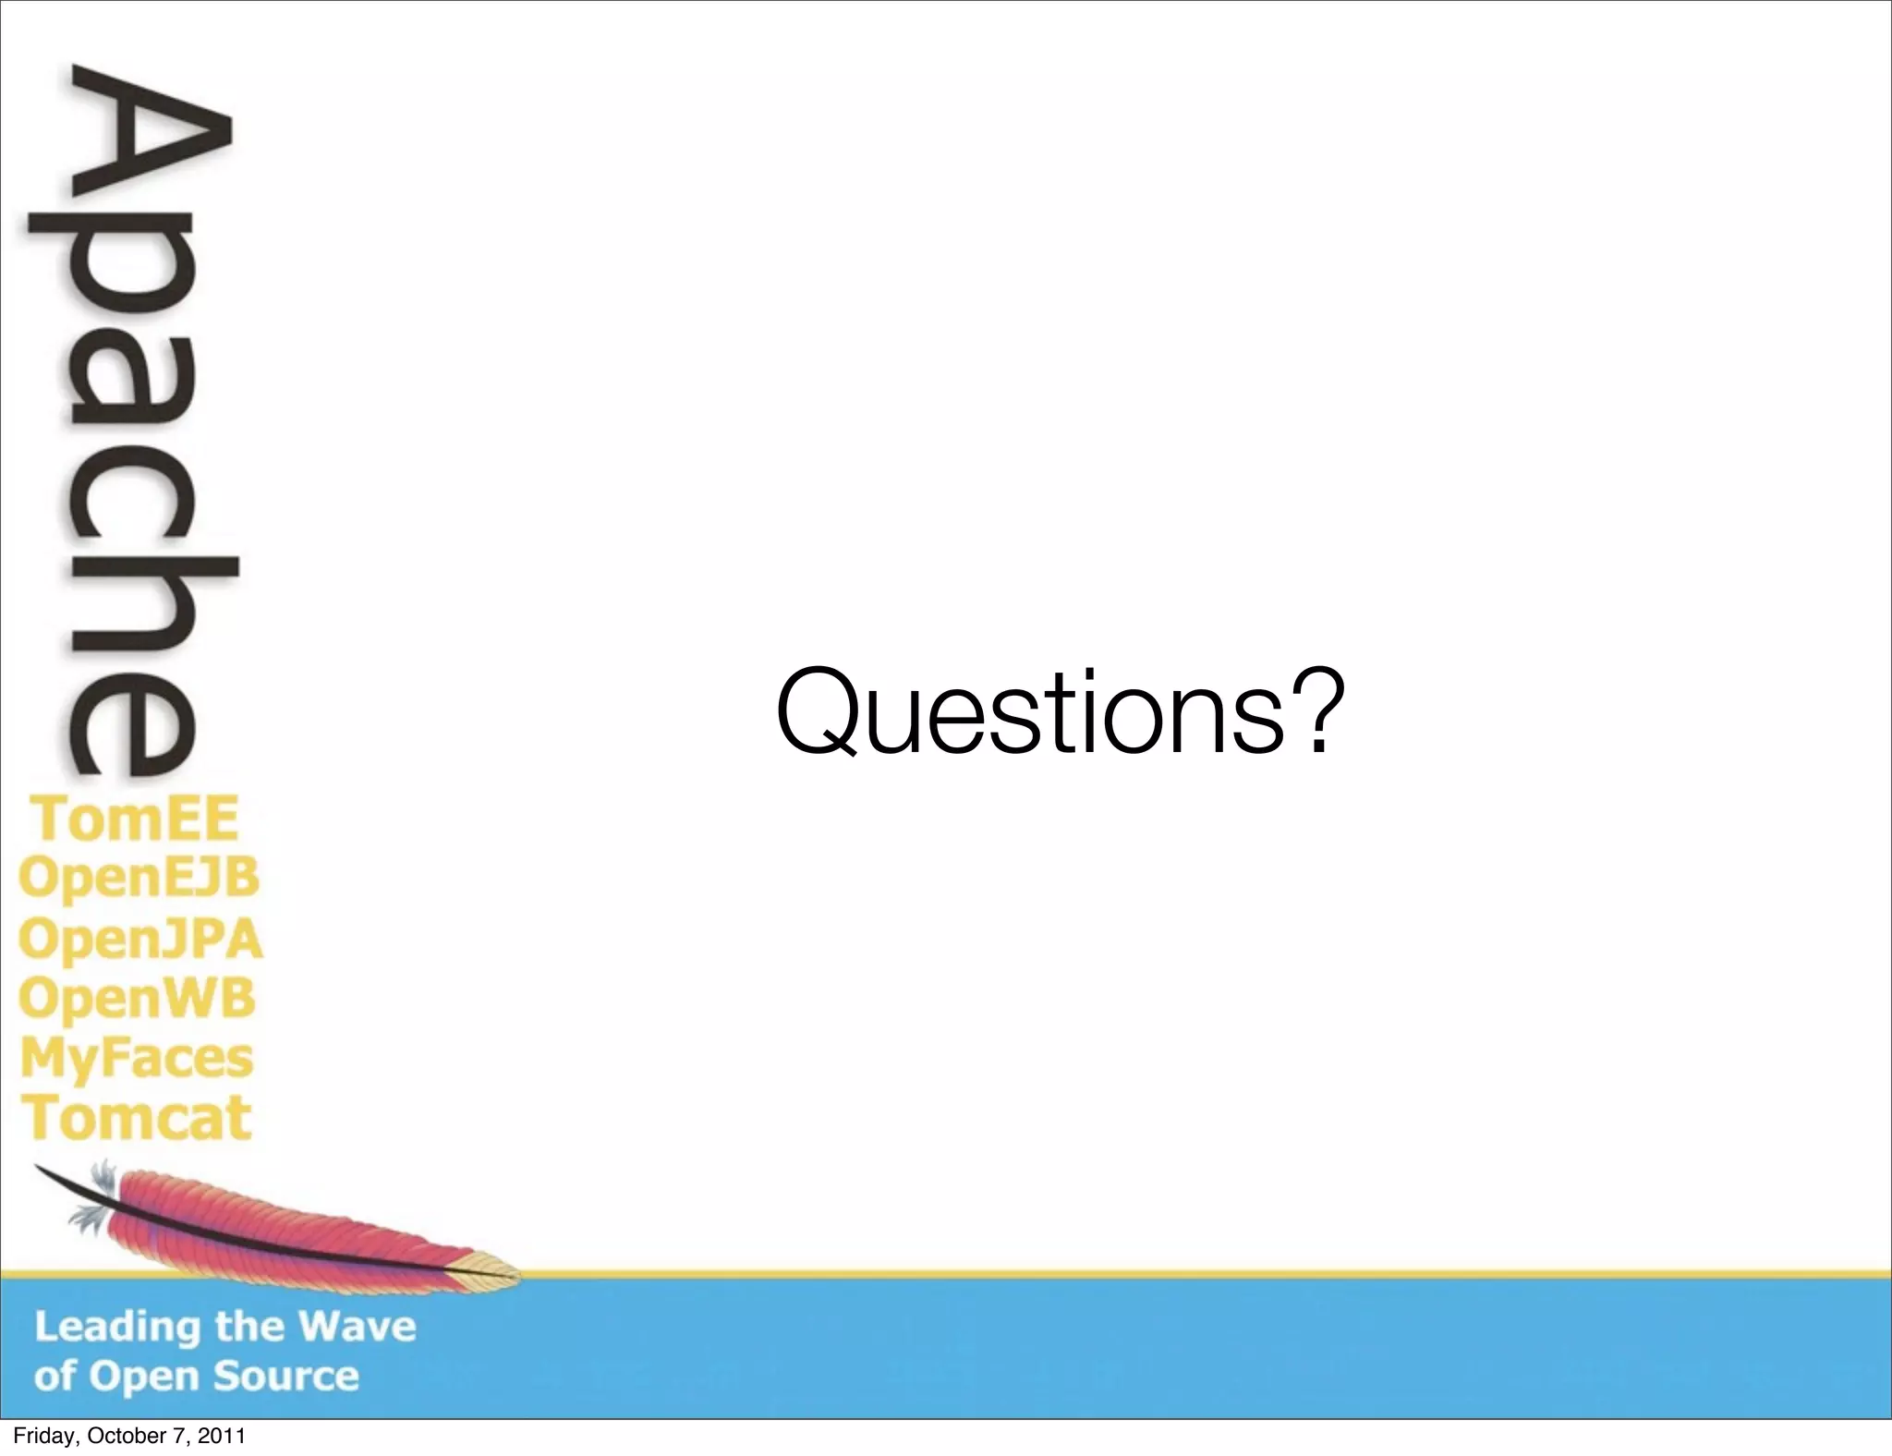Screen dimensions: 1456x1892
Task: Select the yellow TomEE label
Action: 137,819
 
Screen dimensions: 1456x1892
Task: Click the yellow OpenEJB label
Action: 139,878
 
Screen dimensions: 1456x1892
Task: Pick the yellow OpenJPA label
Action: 140,940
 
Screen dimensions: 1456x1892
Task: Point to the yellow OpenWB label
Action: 137,1000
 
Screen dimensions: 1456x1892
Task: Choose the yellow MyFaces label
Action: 137,1059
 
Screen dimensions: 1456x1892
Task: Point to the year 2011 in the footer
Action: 222,1436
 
